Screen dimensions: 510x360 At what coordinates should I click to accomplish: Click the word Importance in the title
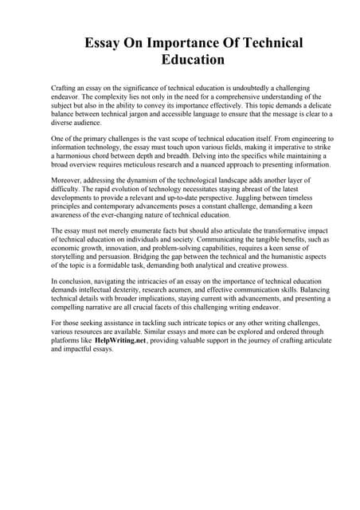click(x=180, y=43)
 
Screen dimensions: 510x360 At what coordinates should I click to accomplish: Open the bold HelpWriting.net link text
click(x=120, y=339)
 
